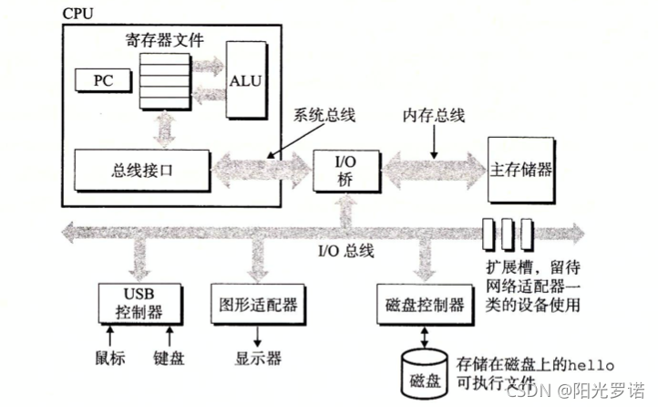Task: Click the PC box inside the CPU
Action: (x=102, y=79)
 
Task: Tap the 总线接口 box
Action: (x=139, y=169)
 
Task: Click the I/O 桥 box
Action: (x=345, y=169)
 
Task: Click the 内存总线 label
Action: (x=435, y=117)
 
